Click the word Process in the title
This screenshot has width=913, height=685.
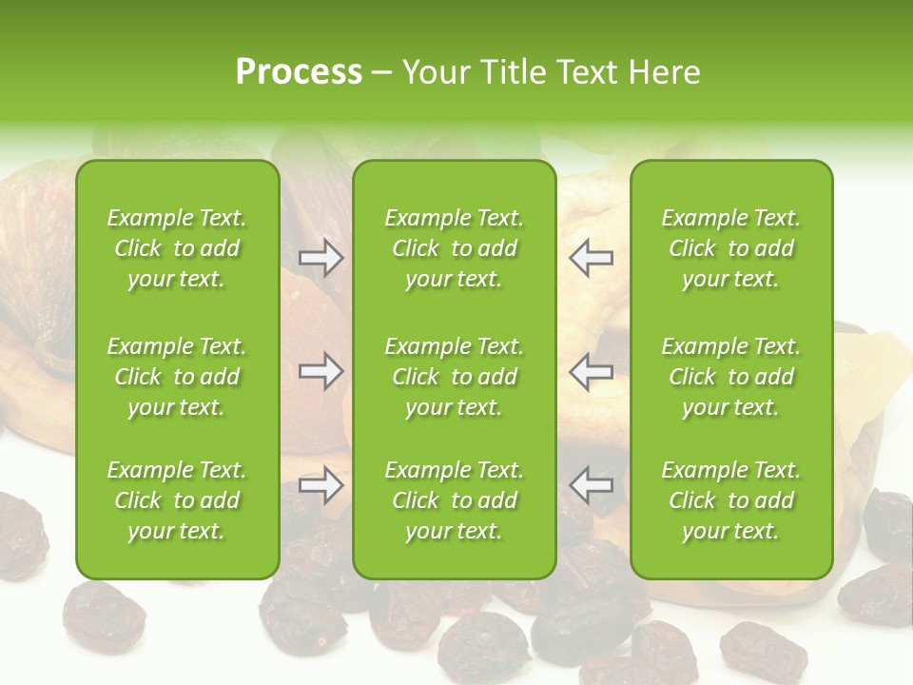[299, 71]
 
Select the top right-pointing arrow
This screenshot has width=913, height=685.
[321, 258]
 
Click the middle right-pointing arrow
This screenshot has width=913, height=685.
[321, 371]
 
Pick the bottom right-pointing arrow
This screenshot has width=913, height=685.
[321, 485]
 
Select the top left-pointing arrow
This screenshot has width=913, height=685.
[592, 258]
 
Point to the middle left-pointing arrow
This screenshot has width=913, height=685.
[592, 371]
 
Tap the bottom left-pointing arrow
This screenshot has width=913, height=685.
[592, 485]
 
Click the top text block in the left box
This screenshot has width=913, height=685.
[177, 248]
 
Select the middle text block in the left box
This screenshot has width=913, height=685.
[177, 377]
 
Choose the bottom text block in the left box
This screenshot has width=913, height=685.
[177, 500]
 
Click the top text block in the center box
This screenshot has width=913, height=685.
[455, 248]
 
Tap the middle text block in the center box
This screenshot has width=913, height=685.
[455, 377]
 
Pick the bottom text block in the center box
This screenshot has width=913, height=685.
[455, 500]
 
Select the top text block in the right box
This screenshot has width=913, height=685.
[731, 248]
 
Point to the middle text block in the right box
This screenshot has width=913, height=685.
[731, 377]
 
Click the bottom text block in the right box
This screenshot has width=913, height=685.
[731, 500]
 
